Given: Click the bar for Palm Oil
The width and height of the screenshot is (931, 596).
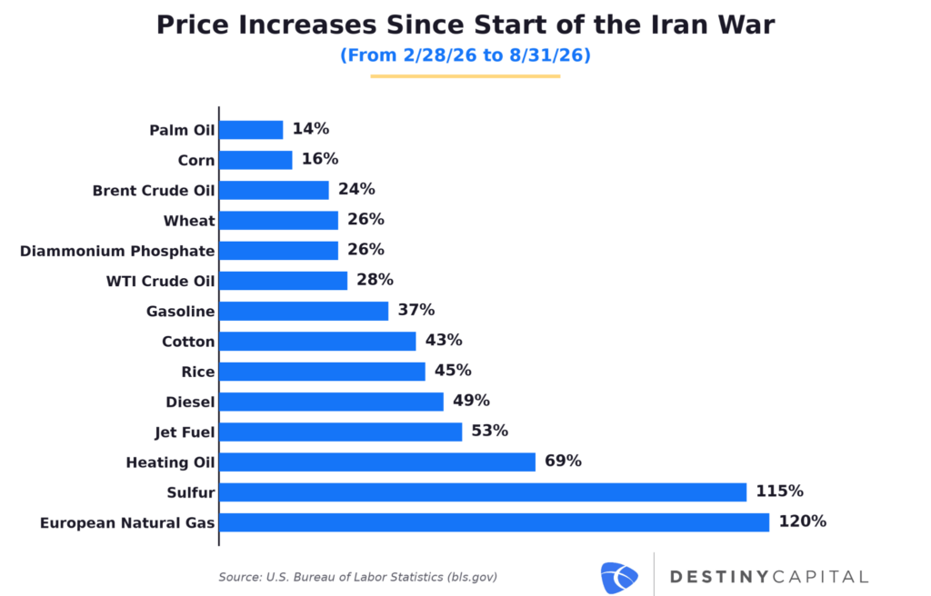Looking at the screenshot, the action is [x=251, y=130].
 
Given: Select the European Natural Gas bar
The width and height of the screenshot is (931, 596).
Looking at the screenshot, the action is [x=495, y=522].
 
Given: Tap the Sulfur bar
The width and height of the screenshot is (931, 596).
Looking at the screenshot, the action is [x=483, y=492].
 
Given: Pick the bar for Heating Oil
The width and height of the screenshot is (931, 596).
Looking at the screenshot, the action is [x=377, y=462].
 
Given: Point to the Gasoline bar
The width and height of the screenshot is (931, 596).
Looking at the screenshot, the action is [x=304, y=311].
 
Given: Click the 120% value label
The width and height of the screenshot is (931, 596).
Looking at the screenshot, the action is [x=802, y=521].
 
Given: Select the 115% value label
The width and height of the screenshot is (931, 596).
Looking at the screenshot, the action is [x=779, y=492].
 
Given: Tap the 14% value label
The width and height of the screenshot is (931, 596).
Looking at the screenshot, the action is [x=311, y=129].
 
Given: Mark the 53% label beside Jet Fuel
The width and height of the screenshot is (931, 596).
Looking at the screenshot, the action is [x=490, y=431].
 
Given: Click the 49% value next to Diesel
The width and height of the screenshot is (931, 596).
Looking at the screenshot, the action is [x=472, y=401].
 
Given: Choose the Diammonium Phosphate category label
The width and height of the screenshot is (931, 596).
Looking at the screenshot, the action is [x=117, y=251].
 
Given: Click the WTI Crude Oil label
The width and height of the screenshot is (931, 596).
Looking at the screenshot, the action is [x=160, y=281].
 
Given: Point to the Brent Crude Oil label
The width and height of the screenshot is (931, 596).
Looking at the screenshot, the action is [x=153, y=191].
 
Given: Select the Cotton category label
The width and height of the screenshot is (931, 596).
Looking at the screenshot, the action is [x=188, y=342].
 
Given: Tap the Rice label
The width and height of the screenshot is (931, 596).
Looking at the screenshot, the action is [x=197, y=372].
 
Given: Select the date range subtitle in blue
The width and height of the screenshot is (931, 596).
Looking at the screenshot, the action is [x=465, y=55].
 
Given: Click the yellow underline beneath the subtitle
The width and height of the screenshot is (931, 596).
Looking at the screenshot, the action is [x=465, y=76].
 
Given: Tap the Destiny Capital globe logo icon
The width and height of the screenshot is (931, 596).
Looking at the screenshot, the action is [x=619, y=578].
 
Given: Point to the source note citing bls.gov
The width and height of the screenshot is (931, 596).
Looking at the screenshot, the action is [x=357, y=577].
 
